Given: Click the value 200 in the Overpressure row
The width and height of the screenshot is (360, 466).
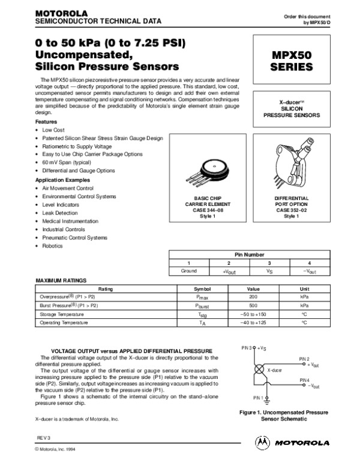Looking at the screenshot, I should click(253, 297).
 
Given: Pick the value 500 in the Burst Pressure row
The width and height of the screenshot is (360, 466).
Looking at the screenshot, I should click(253, 305).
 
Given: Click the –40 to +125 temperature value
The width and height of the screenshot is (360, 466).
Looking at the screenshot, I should click(253, 322).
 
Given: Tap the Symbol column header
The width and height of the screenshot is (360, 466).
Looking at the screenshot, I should click(203, 288).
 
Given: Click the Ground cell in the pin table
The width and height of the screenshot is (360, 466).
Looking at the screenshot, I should click(188, 271).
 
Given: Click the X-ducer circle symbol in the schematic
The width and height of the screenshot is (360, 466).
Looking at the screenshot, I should click(258, 371).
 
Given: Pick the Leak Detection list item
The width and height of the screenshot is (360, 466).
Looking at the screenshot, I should click(60, 213).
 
